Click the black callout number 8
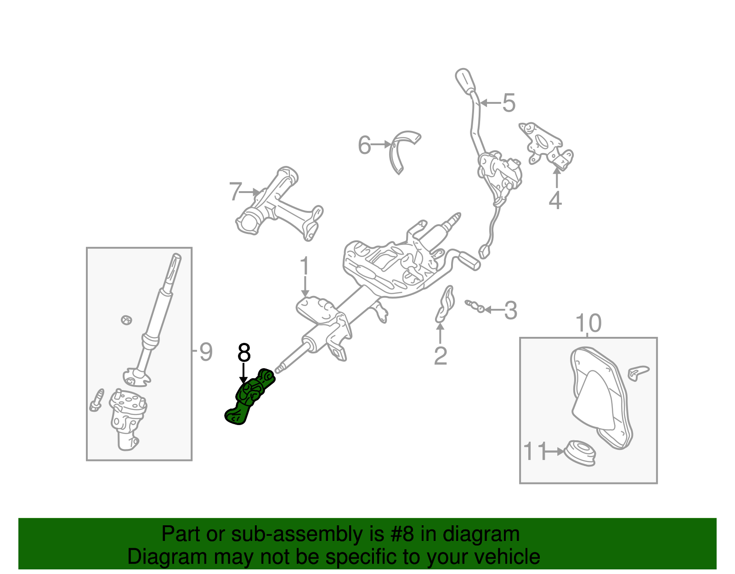click(x=244, y=353)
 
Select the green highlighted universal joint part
click(x=250, y=396)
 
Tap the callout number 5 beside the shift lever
click(x=509, y=103)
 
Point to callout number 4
click(x=555, y=201)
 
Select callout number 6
click(x=364, y=145)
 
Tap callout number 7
click(x=235, y=192)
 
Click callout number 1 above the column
click(x=305, y=267)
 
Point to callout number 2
click(x=440, y=356)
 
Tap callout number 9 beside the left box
click(x=205, y=352)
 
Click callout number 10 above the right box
click(x=588, y=324)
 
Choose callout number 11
click(x=535, y=451)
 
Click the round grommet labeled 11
click(x=580, y=453)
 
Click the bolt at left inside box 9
click(x=97, y=400)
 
